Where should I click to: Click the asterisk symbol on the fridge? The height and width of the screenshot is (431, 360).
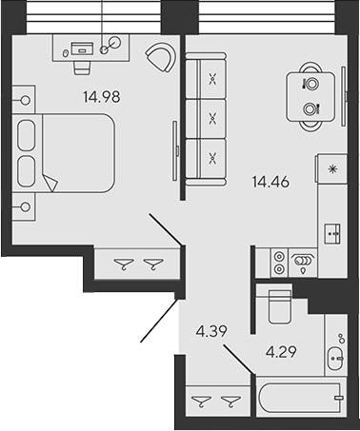[x=332, y=168]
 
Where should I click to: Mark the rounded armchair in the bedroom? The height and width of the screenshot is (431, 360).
[x=159, y=57]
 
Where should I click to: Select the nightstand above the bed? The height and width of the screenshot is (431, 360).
[x=23, y=96]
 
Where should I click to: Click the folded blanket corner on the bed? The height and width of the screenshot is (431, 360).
[x=51, y=182]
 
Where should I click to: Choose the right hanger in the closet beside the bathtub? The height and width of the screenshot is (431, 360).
[x=227, y=402]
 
